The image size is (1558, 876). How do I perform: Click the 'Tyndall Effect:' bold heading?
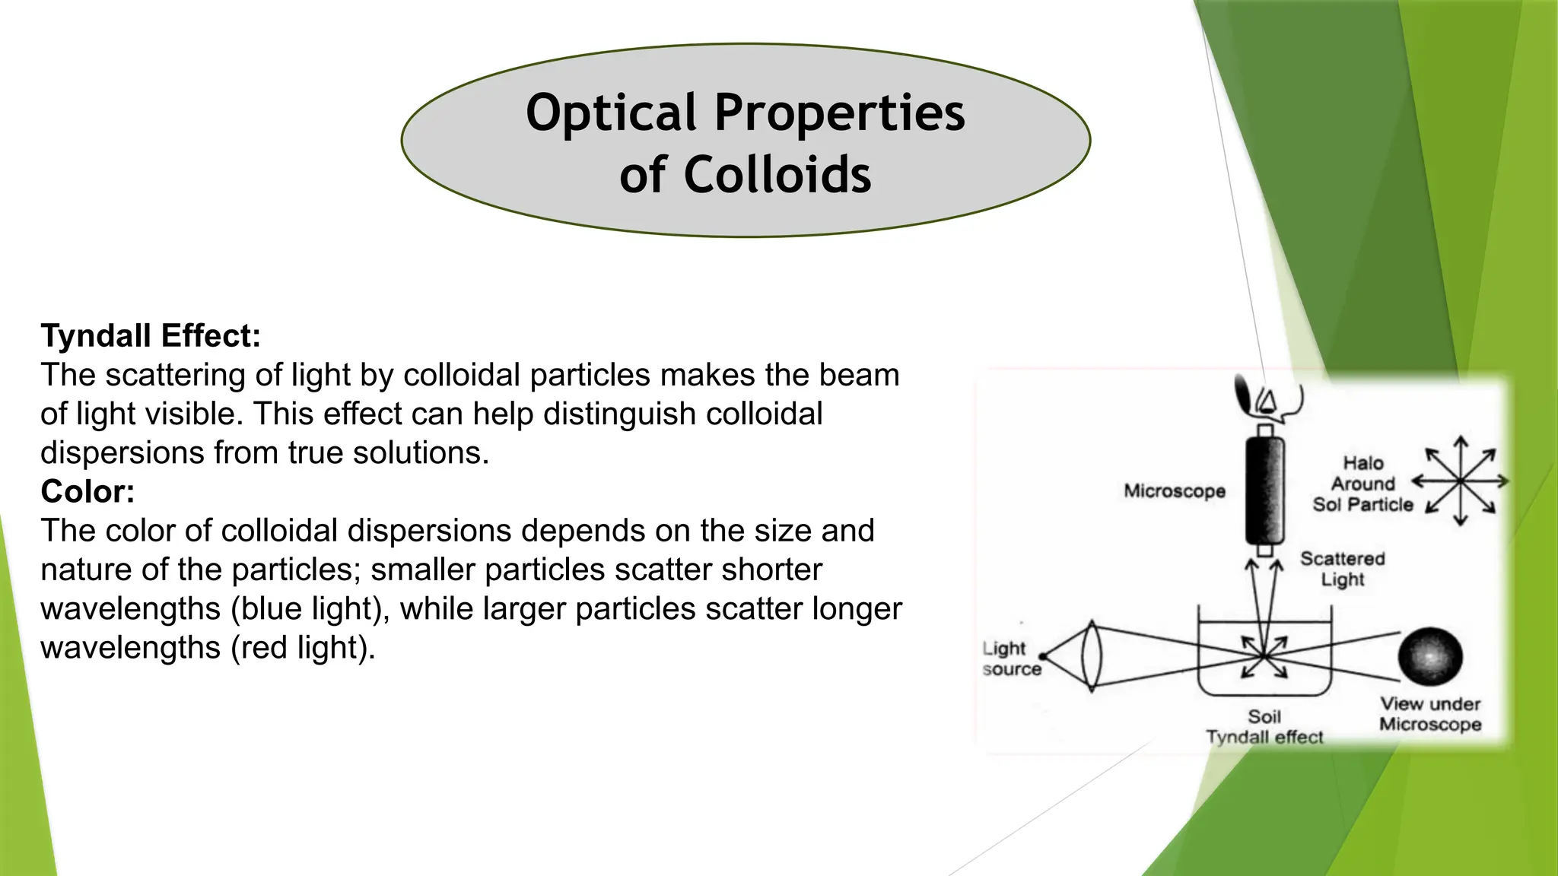151,336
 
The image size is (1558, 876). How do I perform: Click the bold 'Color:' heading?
87,492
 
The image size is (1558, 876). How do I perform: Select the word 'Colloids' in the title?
777,175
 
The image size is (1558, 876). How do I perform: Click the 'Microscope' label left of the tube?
1174,491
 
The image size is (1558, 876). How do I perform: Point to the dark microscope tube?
1264,490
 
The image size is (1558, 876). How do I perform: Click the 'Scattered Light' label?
1342,569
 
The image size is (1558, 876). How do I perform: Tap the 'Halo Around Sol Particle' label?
1362,484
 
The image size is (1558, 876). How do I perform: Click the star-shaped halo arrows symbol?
1460,481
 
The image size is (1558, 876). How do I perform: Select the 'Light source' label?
1010,659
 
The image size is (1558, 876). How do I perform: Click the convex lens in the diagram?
1092,655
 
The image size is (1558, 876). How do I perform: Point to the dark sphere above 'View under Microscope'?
1430,656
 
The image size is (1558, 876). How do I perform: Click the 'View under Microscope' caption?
1430,714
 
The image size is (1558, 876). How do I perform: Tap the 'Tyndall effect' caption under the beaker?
1264,737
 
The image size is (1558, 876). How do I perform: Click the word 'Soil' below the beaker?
1264,716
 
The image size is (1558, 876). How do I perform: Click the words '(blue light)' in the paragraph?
310,609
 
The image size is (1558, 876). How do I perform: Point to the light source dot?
1042,656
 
